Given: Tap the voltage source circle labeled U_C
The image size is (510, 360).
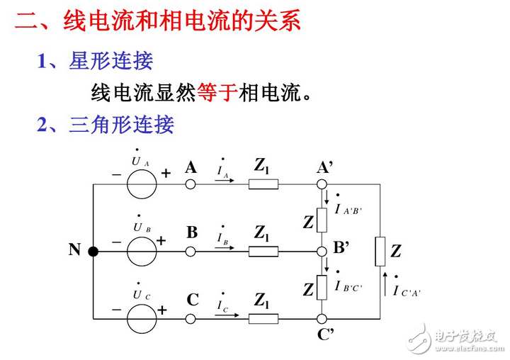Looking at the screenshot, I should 142,317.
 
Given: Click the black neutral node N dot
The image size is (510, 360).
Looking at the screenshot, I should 93,250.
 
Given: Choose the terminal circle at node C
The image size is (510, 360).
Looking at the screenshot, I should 190,317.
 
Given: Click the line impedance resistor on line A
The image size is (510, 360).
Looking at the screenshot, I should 263,185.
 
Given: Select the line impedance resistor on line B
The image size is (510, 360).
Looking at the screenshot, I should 263,252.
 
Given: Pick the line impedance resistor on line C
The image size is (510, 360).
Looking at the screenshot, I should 263,317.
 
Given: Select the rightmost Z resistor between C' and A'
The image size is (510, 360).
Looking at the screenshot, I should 380,251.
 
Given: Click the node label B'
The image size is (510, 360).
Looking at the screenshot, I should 342,247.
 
